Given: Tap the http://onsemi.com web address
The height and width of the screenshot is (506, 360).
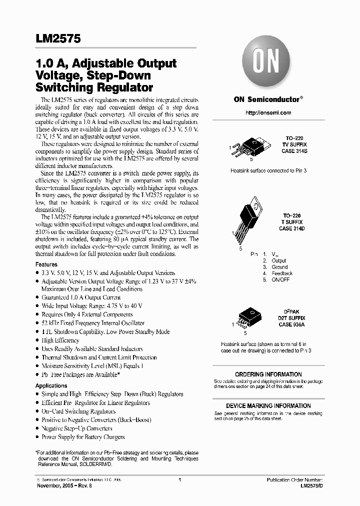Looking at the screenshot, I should pos(268,112).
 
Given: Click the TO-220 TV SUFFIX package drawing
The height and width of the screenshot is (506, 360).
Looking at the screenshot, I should pos(252,148).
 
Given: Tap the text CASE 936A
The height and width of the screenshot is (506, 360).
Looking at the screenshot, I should pos(292,324).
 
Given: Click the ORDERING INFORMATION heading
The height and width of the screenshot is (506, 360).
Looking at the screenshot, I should pos(268,374).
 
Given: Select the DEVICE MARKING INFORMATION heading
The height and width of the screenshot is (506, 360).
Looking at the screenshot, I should pos(268,406).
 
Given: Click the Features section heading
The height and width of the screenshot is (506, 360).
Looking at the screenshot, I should pos(46,264).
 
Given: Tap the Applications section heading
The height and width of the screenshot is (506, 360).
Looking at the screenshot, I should pos(51,385).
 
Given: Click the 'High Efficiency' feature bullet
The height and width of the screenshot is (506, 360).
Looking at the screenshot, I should pos(60,340).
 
